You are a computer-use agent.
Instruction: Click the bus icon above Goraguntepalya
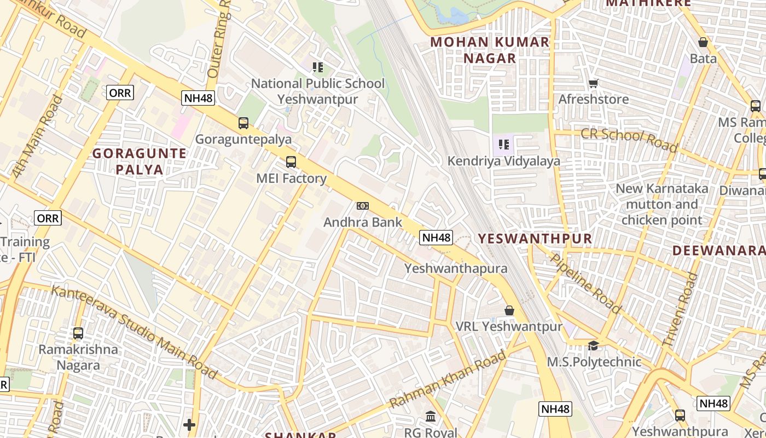[243, 123]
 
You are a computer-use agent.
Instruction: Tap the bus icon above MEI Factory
[291, 162]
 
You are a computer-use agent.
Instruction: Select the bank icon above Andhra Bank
[362, 206]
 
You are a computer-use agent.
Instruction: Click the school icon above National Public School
[318, 67]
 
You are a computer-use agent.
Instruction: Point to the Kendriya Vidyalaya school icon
[504, 145]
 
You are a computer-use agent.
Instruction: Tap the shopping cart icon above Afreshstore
[594, 84]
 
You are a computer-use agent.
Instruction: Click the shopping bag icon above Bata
[703, 42]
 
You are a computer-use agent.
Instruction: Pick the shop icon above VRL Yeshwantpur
[509, 310]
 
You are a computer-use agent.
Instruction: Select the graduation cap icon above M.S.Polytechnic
[594, 345]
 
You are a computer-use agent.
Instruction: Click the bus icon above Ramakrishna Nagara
[78, 333]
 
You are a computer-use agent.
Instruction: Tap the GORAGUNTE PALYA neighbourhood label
[140, 161]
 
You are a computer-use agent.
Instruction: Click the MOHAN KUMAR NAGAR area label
[490, 50]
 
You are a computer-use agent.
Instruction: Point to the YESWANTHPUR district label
[535, 238]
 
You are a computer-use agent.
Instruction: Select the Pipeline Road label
[585, 283]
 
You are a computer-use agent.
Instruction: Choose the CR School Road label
[629, 140]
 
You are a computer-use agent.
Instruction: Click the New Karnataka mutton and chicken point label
[662, 204]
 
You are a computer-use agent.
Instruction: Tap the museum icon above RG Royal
[431, 417]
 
